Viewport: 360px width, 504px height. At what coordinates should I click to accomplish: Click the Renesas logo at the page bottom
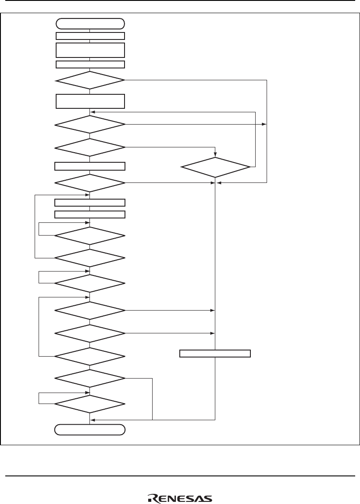coord(180,499)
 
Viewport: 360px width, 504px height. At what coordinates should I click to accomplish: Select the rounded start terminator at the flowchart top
coord(90,23)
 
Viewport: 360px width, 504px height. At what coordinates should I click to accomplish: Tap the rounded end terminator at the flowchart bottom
coord(90,429)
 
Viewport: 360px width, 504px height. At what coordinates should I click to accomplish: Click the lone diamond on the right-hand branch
coord(215,167)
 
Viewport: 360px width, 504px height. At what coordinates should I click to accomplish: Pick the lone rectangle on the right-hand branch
coord(215,354)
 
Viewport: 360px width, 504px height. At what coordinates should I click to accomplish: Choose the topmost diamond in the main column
coord(90,81)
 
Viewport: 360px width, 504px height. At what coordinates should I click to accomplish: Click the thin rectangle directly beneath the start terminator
coord(90,36)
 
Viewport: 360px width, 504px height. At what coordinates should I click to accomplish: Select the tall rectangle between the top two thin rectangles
coord(90,50)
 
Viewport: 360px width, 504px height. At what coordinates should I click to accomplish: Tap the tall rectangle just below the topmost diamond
coord(90,101)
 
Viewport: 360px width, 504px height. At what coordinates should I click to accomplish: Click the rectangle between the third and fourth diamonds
coord(90,166)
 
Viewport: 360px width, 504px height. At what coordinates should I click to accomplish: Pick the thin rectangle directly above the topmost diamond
coord(90,64)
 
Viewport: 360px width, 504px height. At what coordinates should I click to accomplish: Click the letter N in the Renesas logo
coord(173,499)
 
